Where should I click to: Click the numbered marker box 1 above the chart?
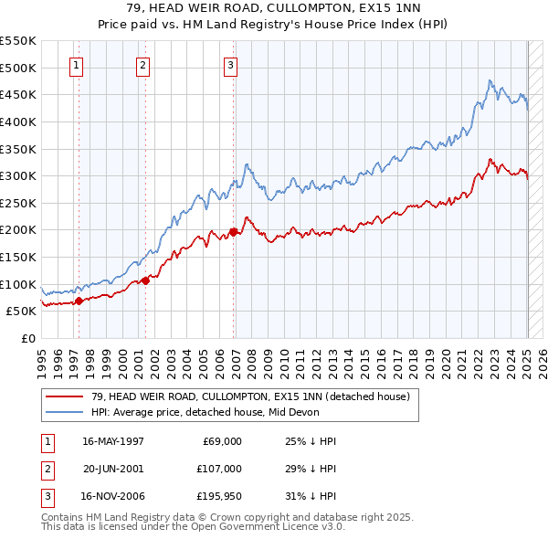[75, 65]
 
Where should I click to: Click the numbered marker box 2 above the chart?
[143, 65]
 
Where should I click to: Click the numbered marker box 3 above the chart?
[231, 65]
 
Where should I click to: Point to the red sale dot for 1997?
[79, 300]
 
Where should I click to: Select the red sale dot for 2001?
[146, 280]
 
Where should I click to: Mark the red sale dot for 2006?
[234, 232]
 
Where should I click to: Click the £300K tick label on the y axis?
[18, 175]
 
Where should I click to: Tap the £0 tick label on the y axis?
[26, 338]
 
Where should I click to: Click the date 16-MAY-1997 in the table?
[113, 441]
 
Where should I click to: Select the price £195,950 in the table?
[216, 498]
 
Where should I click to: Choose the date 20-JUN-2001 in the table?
[113, 470]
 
